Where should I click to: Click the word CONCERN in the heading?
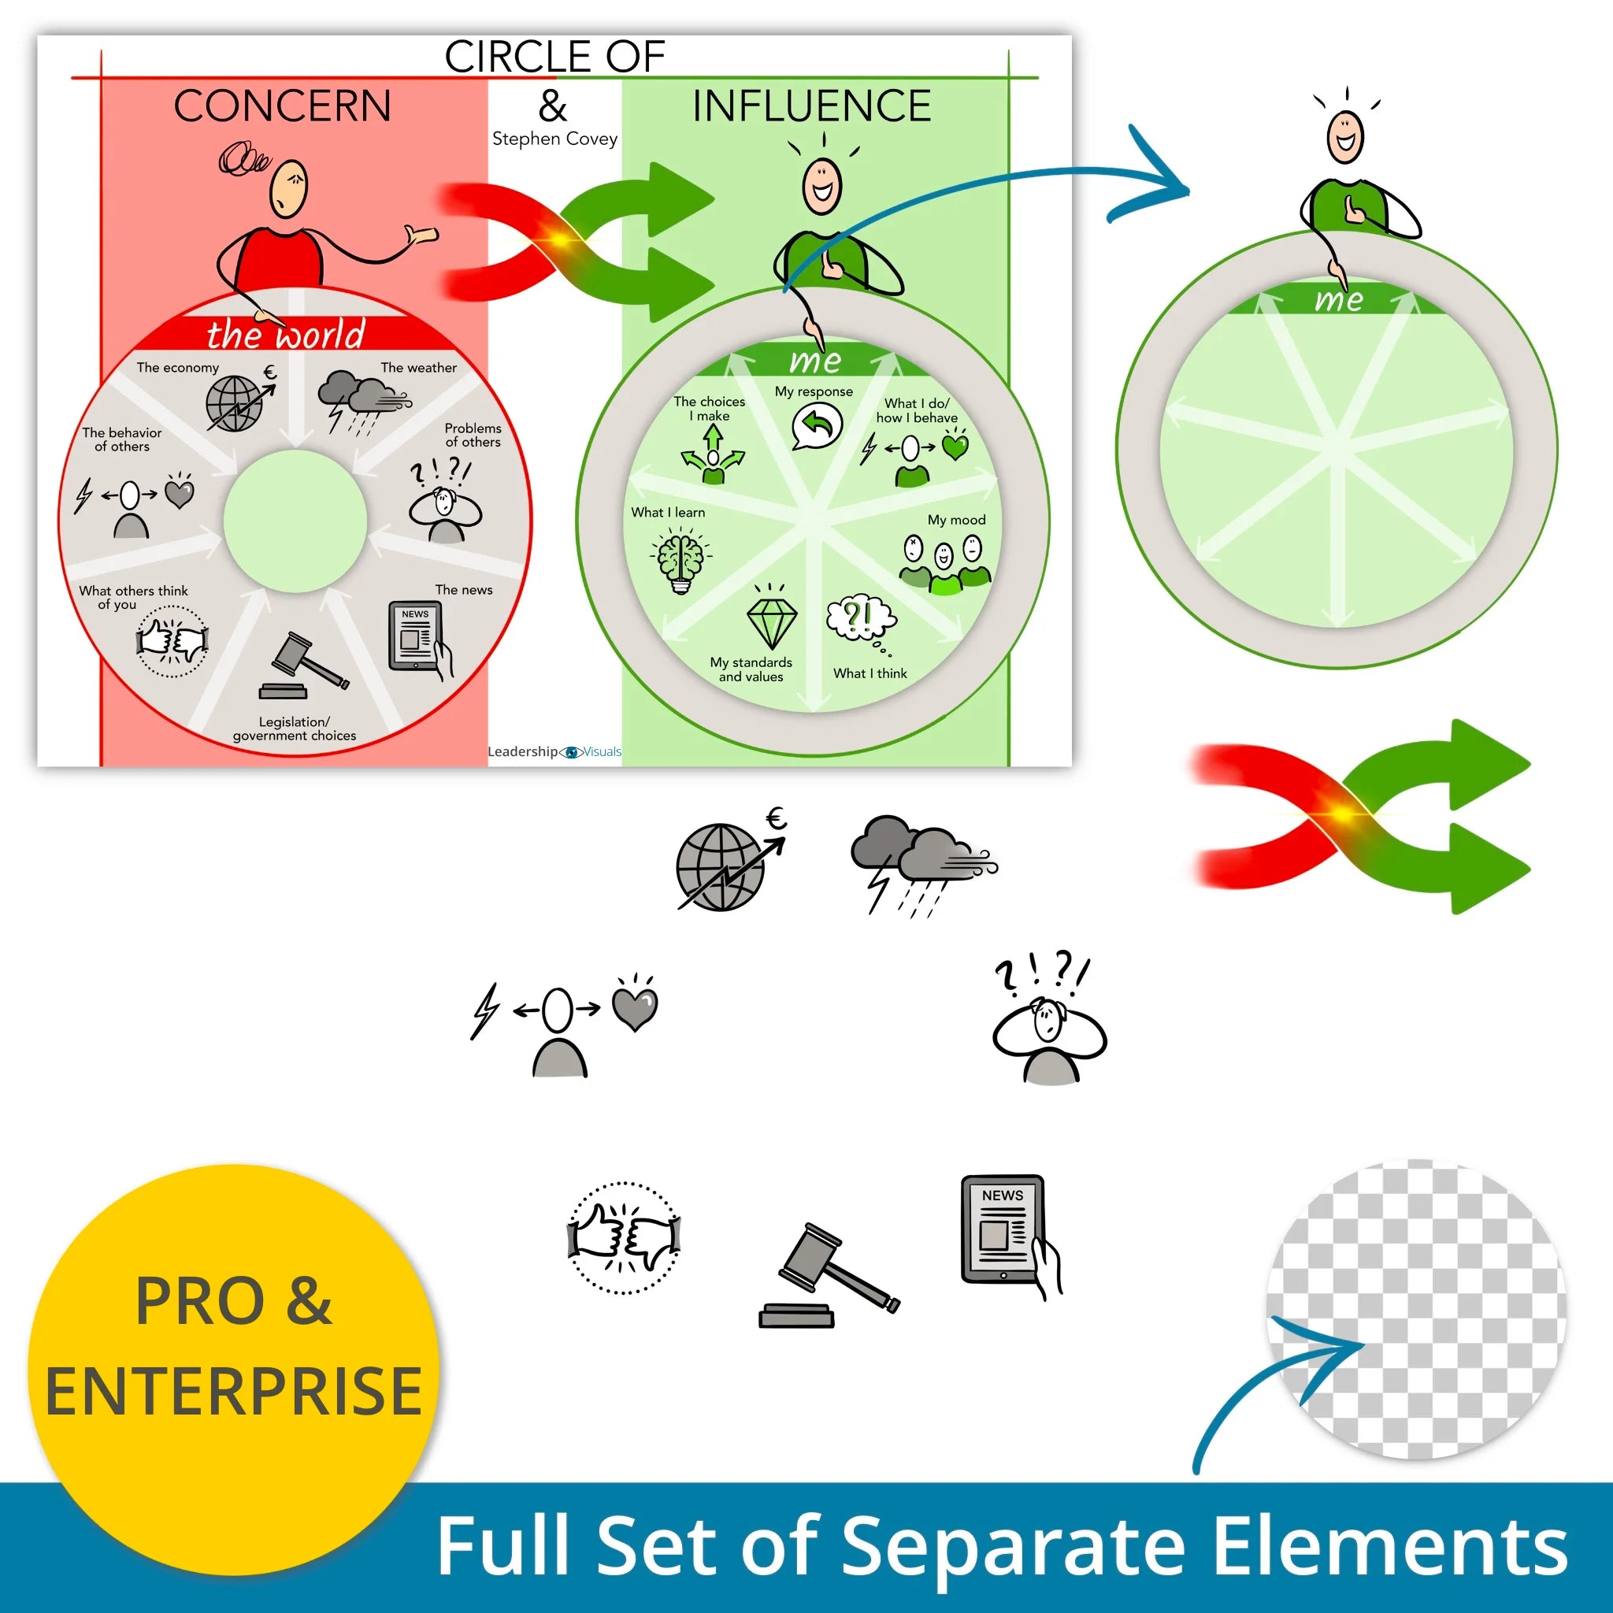click(282, 106)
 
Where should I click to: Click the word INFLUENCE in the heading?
click(811, 106)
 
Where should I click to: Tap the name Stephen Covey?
click(554, 139)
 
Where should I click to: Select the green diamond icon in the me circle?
click(771, 621)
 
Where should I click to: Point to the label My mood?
click(957, 519)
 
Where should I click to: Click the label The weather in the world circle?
click(418, 367)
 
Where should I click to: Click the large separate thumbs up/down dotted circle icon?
click(624, 1237)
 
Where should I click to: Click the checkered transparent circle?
click(1416, 1308)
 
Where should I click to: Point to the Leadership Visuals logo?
click(554, 751)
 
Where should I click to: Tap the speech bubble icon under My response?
click(816, 427)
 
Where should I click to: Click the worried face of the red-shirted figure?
click(289, 190)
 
